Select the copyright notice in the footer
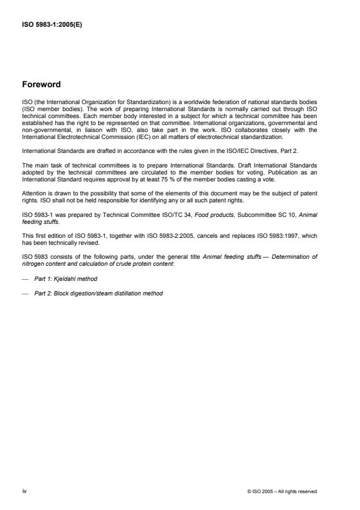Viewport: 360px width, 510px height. pyautogui.click(x=281, y=491)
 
